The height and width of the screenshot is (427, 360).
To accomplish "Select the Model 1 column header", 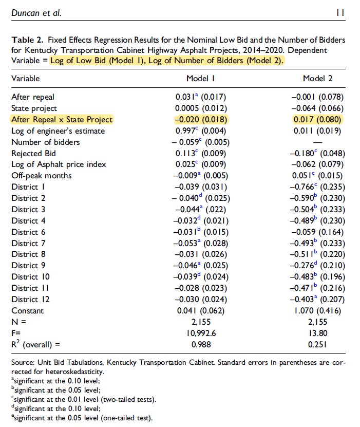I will click(200, 79).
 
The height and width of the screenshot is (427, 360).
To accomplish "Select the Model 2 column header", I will click(318, 79).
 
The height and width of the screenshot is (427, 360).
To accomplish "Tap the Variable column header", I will click(26, 79).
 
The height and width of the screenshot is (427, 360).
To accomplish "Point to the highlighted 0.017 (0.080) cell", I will click(318, 120).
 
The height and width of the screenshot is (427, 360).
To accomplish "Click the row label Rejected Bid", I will click(33, 153).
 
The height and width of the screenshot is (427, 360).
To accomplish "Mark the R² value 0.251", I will click(318, 344).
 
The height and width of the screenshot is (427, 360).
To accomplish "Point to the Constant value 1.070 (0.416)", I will click(318, 310).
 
